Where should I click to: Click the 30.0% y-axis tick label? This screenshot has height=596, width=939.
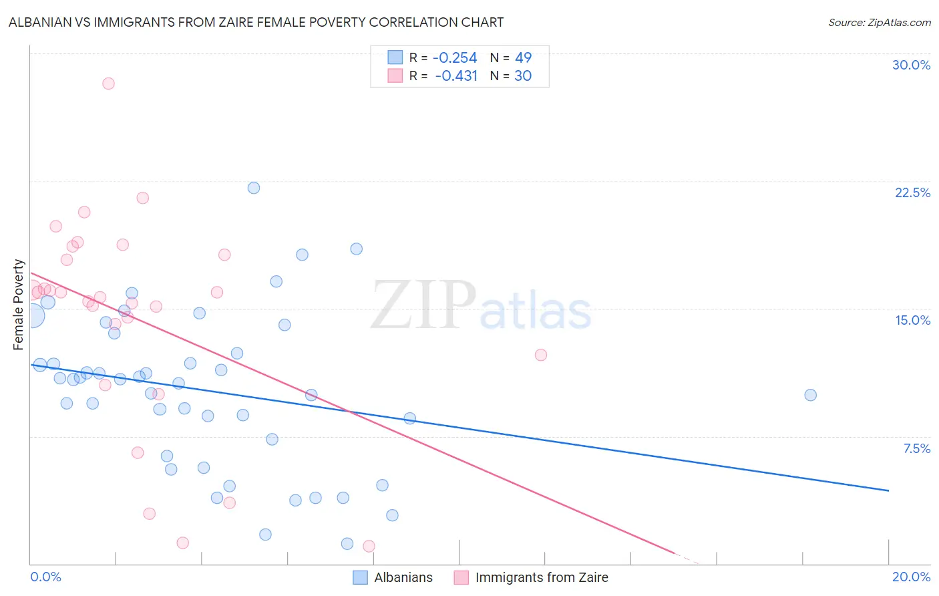tap(911, 65)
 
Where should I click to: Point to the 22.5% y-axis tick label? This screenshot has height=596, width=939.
tap(912, 192)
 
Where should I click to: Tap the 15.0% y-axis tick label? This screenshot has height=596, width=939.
tap(912, 320)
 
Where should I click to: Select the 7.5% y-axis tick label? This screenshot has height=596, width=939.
tap(916, 448)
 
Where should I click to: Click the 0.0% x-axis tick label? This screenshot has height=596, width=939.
tap(45, 577)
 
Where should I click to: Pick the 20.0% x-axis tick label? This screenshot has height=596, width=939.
tap(911, 577)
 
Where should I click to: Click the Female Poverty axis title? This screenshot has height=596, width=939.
tap(19, 305)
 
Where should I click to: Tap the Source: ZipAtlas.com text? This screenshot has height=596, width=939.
tap(879, 22)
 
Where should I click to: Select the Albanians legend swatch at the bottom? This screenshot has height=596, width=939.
tap(361, 577)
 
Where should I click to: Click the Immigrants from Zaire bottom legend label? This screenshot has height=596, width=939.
tap(542, 577)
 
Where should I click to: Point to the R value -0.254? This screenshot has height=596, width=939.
tap(455, 57)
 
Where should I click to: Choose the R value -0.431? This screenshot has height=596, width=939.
tap(456, 76)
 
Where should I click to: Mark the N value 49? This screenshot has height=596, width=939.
tap(523, 57)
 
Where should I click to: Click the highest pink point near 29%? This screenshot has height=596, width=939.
tap(108, 84)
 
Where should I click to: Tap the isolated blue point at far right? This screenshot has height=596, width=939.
tap(810, 395)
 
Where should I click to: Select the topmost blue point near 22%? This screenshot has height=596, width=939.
tap(254, 188)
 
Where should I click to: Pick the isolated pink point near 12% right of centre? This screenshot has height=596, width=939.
tap(541, 355)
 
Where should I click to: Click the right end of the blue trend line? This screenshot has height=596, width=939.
tap(888, 490)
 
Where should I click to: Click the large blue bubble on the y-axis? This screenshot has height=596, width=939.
tap(32, 315)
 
